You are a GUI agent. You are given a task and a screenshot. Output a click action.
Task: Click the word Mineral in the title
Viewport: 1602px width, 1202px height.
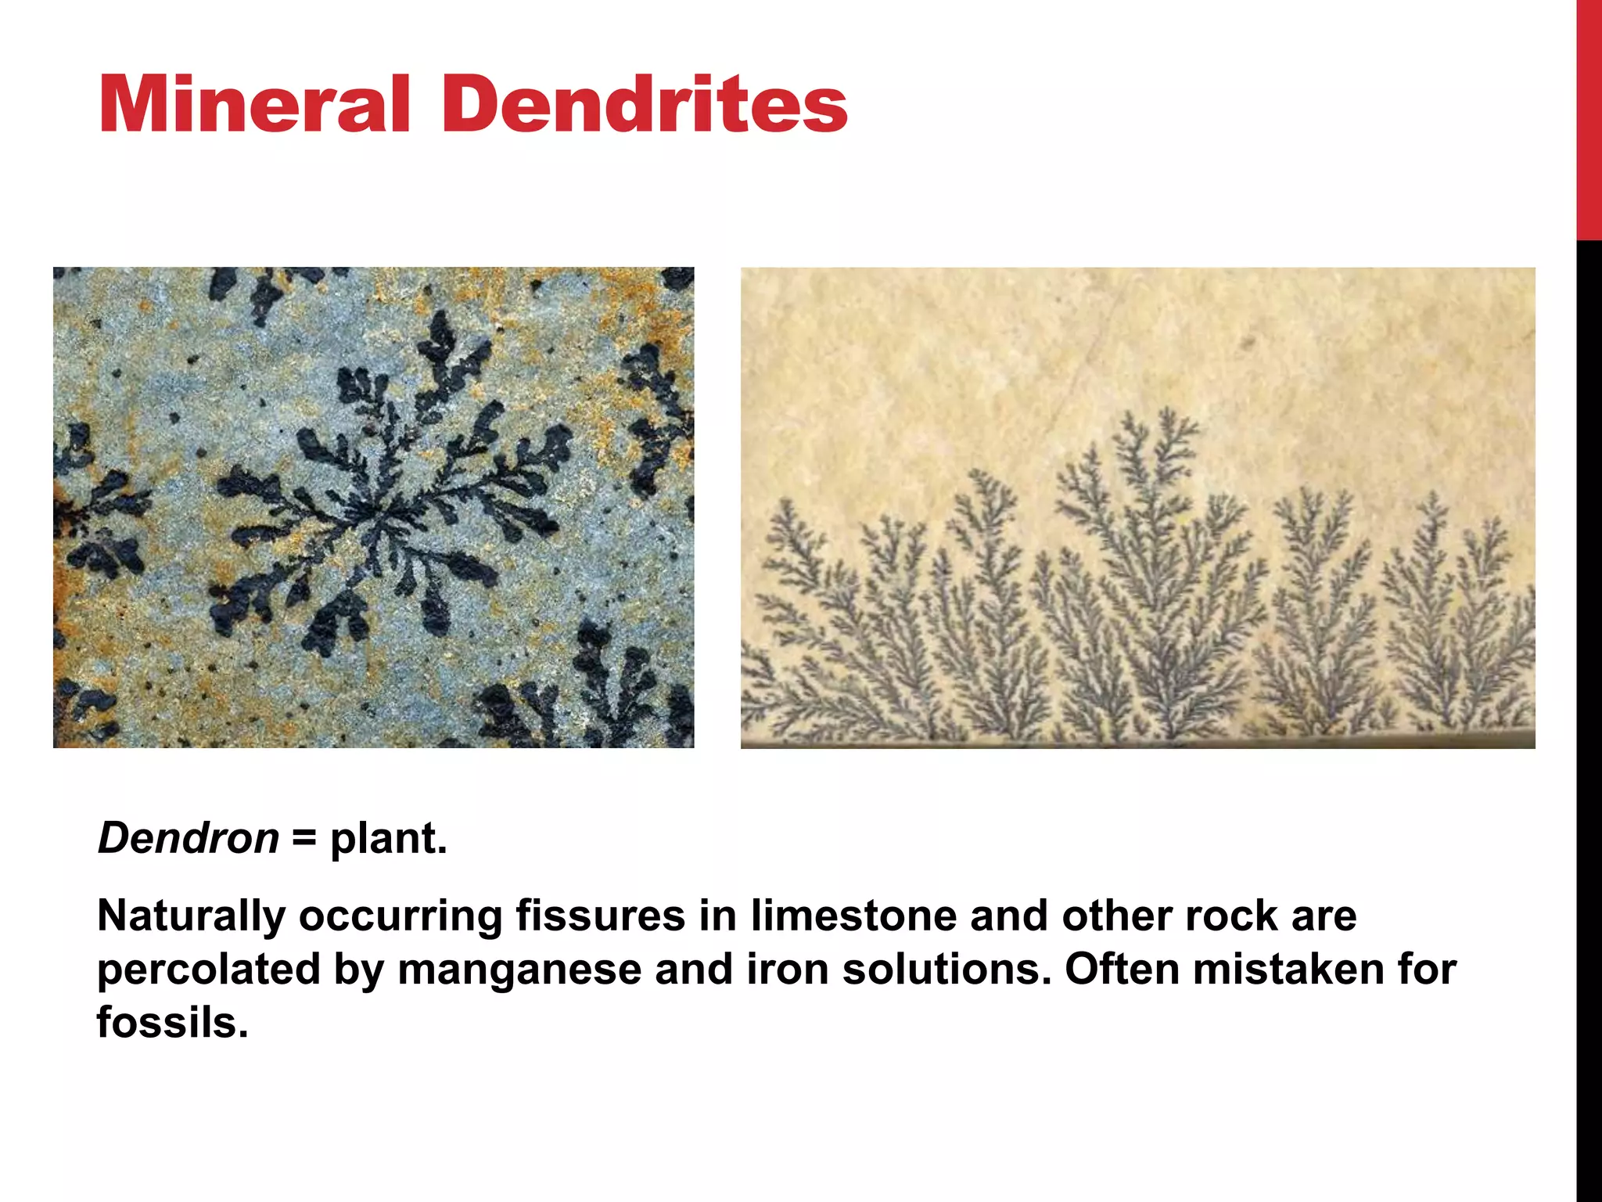253,105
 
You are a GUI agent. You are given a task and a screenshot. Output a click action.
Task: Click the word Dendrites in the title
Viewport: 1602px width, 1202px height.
645,105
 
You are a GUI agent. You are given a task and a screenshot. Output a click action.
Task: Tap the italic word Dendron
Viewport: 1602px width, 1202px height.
188,838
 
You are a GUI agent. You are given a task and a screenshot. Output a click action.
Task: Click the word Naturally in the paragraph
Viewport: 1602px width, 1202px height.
191,917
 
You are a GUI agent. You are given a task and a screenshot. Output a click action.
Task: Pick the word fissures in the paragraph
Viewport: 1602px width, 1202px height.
600,916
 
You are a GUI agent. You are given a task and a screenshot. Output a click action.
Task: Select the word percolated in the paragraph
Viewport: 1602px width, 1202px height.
209,969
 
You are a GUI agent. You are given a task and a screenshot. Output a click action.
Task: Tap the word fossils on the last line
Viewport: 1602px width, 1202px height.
172,1022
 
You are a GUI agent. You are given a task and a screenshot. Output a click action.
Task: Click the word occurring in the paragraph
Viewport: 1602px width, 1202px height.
400,917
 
